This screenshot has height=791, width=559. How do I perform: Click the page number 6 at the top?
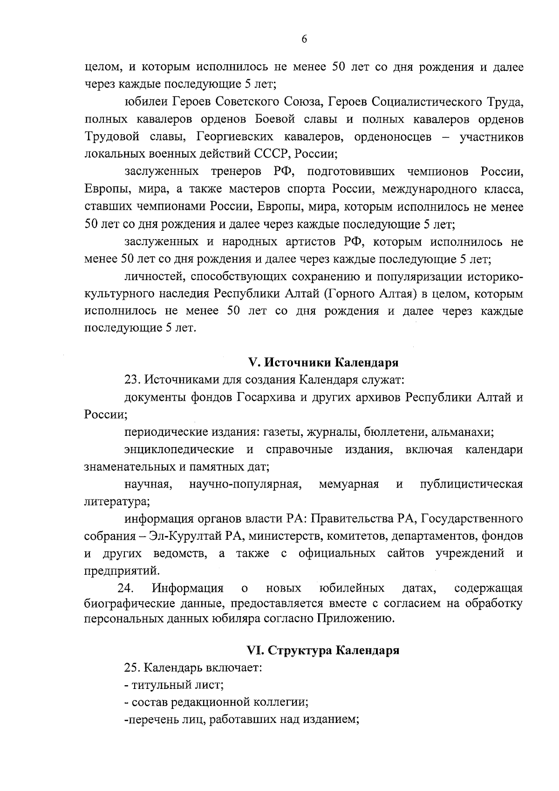304,39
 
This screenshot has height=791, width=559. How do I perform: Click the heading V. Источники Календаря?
322,363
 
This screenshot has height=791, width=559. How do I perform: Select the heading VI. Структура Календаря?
322,650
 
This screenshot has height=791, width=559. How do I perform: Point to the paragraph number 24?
126,587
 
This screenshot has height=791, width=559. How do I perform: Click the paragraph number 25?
132,667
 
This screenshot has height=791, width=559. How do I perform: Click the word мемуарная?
348,484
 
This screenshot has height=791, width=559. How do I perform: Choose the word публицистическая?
471,484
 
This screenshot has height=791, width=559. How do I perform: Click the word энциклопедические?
179,450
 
